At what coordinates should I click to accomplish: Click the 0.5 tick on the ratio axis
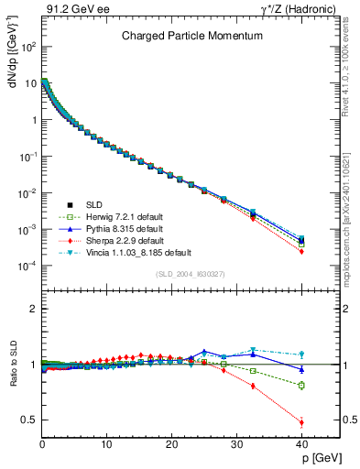coord(29,420)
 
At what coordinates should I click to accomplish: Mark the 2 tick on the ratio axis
coord(32,310)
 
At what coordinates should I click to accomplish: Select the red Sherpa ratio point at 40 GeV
coord(301,422)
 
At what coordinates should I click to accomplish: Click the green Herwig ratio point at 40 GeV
coord(301,385)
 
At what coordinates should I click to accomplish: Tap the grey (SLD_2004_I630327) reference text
coord(189,273)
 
